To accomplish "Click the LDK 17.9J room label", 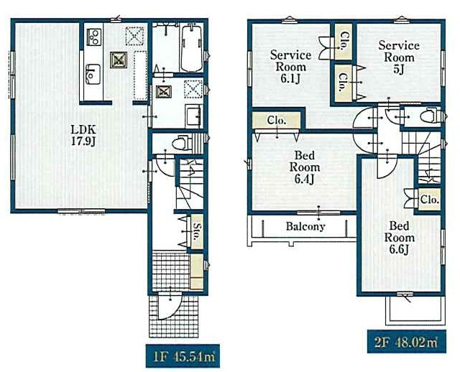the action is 83,135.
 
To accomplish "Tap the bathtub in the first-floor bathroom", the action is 192,49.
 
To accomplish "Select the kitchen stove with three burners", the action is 93,37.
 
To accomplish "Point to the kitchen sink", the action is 93,75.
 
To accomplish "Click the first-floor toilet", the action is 182,143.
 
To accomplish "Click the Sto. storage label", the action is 197,231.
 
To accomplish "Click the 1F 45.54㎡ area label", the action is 183,356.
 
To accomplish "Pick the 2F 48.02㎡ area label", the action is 406,342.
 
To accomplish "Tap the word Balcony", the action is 305,226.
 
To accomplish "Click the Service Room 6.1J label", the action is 290,67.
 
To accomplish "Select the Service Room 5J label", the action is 399,57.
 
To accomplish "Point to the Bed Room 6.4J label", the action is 305,167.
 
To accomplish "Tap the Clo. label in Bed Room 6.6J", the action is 430,200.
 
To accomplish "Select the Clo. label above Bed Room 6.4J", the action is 277,120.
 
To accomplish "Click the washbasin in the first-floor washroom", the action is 193,116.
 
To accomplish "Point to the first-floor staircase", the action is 190,184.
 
